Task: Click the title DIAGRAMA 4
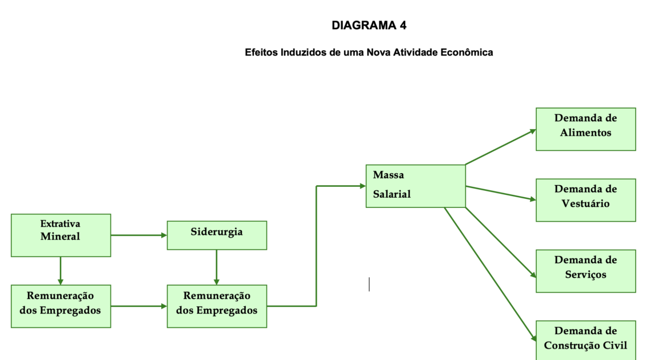tap(369, 25)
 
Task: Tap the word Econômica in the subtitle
tap(469, 53)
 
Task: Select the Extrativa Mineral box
tap(61, 235)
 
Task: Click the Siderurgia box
tap(217, 235)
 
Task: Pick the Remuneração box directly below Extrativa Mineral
tap(61, 306)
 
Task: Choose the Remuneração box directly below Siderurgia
tap(217, 306)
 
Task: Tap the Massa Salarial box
tap(416, 186)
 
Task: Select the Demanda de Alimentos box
tap(585, 129)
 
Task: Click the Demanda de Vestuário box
tap(585, 200)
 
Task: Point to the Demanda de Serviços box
tap(585, 271)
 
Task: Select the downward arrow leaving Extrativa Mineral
tap(61, 270)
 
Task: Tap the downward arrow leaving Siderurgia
tap(217, 267)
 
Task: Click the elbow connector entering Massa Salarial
tap(316, 246)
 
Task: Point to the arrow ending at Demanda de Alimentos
tap(500, 147)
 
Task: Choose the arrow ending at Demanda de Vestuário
tap(500, 193)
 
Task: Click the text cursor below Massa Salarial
tap(369, 284)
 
